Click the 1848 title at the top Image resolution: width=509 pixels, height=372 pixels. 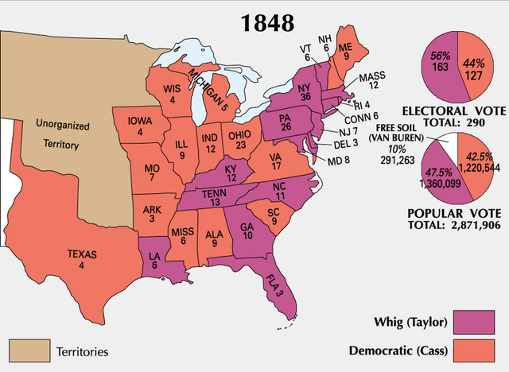262,21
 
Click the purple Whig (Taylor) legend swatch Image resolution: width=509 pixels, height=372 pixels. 478,322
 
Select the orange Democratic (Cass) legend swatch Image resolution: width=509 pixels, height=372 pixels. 478,350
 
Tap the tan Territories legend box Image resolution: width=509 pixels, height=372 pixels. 29,350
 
